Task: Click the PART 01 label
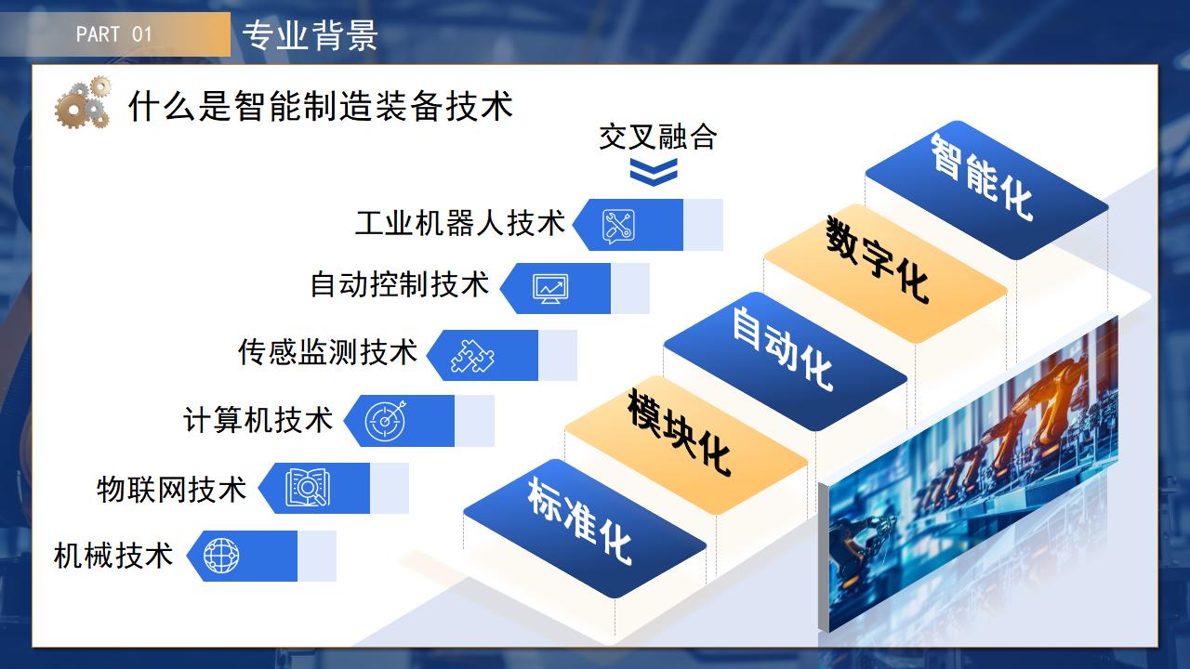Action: (114, 34)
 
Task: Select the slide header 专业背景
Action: (310, 35)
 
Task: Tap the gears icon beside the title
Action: (83, 102)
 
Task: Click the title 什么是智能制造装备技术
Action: (321, 106)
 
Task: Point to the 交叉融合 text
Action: (657, 137)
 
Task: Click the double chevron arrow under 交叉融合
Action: (654, 172)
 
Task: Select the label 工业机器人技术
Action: (460, 223)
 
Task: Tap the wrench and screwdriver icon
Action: (618, 226)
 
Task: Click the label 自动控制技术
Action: (400, 284)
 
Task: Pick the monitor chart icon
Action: (550, 289)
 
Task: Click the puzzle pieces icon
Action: (472, 356)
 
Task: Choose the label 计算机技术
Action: (258, 420)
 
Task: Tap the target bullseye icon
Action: (385, 421)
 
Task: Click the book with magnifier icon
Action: (307, 488)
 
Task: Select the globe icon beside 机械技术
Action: (221, 556)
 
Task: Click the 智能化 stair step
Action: (986, 190)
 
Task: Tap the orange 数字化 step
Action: (886, 273)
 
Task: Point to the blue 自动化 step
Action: (786, 361)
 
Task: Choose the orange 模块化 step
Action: (686, 445)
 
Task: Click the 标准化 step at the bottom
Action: (585, 529)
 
